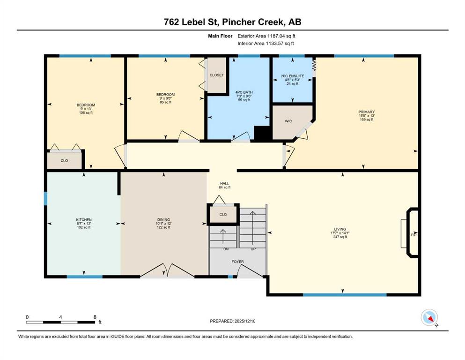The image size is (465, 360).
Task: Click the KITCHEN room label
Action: pyautogui.click(x=84, y=220)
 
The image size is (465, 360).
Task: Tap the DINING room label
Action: pyautogui.click(x=163, y=220)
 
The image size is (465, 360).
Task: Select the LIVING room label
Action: pyautogui.click(x=340, y=229)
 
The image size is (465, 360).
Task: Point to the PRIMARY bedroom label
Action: pyautogui.click(x=367, y=112)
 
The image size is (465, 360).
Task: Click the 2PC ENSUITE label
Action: pyautogui.click(x=292, y=76)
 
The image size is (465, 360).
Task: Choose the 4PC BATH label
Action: pyautogui.click(x=244, y=92)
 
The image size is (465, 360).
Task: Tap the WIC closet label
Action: pyautogui.click(x=288, y=121)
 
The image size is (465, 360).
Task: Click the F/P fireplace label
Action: pyautogui.click(x=414, y=235)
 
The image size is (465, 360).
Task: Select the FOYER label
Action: pyautogui.click(x=237, y=262)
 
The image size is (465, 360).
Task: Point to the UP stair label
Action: pyautogui.click(x=253, y=249)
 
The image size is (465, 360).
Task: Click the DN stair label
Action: pyautogui.click(x=226, y=249)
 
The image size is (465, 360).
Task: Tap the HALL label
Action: pyautogui.click(x=224, y=183)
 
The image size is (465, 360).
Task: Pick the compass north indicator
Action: pyautogui.click(x=430, y=318)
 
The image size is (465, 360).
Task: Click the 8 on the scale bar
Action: pyautogui.click(x=95, y=317)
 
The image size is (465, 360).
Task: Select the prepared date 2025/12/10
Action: pyautogui.click(x=244, y=321)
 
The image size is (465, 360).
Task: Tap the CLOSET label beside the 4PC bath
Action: pyautogui.click(x=216, y=75)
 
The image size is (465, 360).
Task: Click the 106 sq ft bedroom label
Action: pyautogui.click(x=86, y=113)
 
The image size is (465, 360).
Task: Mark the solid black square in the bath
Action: pyautogui.click(x=262, y=133)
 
